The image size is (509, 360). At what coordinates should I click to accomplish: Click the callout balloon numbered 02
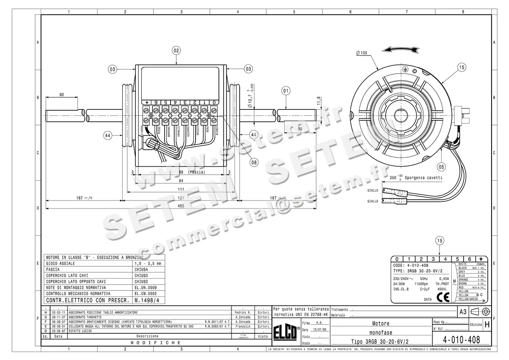pyautogui.click(x=176, y=50)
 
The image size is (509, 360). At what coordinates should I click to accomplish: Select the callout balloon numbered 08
pyautogui.click(x=254, y=161)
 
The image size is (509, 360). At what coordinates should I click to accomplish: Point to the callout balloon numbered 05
pyautogui.click(x=442, y=166)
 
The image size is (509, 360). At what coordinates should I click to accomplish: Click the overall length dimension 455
pyautogui.click(x=181, y=205)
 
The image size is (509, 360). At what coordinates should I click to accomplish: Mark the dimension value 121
pyautogui.click(x=181, y=198)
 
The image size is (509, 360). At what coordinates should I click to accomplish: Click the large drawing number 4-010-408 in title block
pyautogui.click(x=461, y=340)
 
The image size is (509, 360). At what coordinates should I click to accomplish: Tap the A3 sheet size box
pyautogui.click(x=463, y=312)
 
